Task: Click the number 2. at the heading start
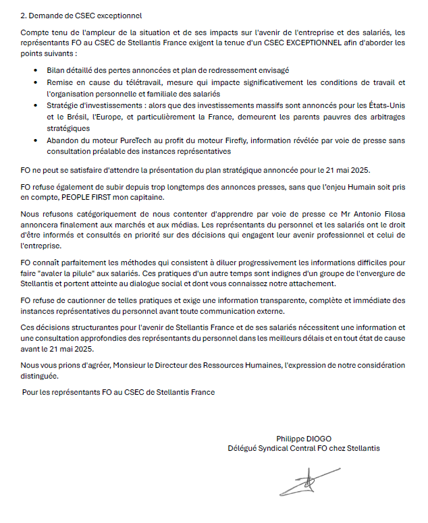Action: tap(24, 15)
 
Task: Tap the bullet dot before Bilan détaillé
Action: tap(35, 70)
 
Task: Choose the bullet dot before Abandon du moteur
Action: tap(35, 140)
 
